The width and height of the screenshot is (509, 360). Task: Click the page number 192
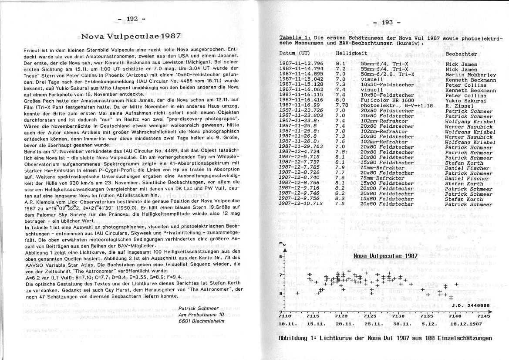pos(132,18)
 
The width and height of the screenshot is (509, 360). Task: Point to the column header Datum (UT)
pos(295,53)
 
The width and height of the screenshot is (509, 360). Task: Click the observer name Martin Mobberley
pos(471,75)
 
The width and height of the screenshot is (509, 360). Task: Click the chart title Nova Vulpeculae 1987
pos(379,256)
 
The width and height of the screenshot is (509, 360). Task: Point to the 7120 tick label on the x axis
pos(342,316)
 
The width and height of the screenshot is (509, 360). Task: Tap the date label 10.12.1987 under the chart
pos(466,324)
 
